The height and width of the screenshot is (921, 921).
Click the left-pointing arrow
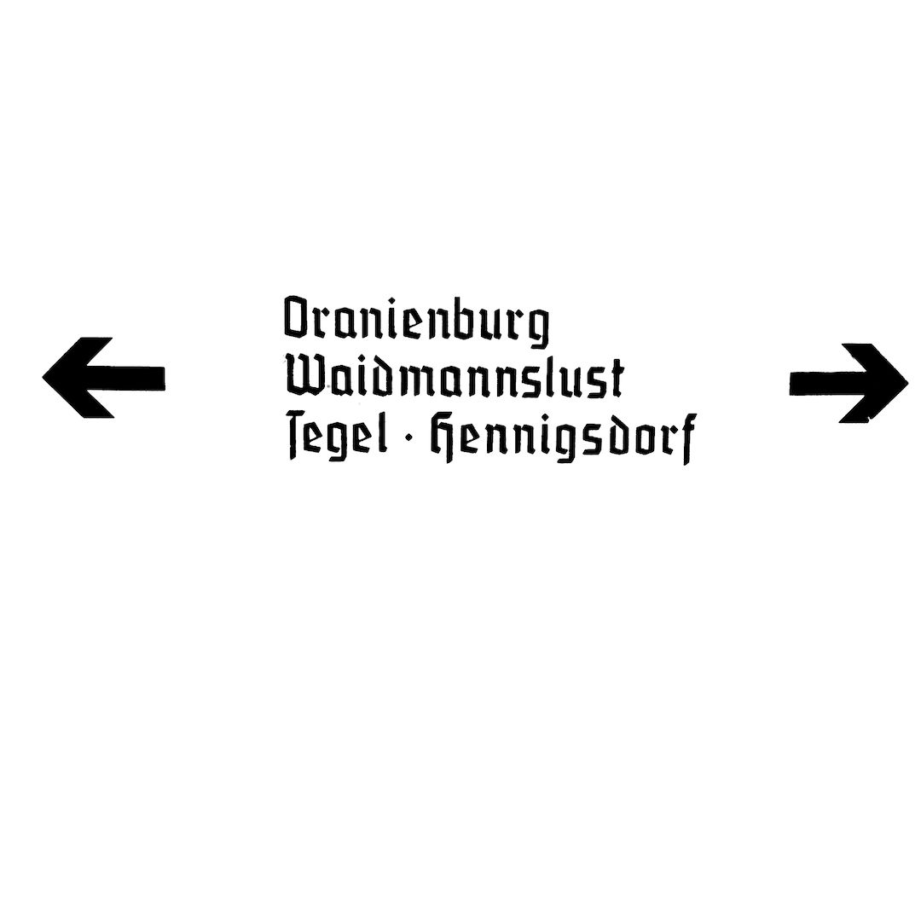pyautogui.click(x=104, y=378)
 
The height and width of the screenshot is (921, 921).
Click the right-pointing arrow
pyautogui.click(x=849, y=383)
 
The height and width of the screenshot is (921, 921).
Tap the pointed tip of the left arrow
pyautogui.click(x=43, y=378)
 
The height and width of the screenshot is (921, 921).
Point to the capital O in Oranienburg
pyautogui.click(x=298, y=318)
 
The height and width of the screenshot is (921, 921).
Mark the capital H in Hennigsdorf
pyautogui.click(x=445, y=437)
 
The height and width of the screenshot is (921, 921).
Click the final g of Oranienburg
pyautogui.click(x=536, y=327)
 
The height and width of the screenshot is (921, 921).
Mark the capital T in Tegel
pyautogui.click(x=297, y=435)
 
